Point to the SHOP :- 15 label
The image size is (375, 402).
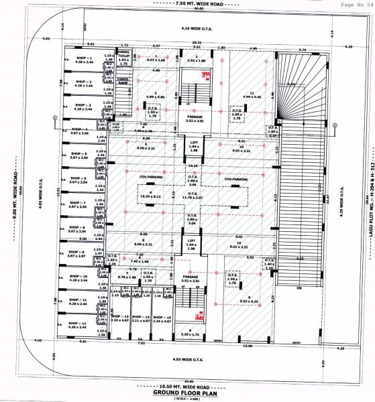coord(162,317)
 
